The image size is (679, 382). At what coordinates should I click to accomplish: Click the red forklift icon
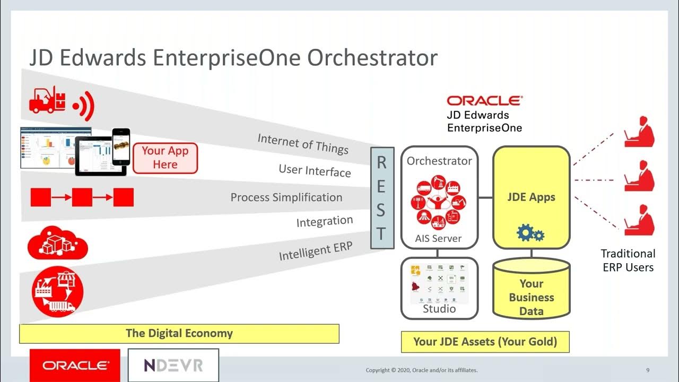(x=48, y=99)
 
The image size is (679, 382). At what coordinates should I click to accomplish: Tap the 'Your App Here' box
(x=165, y=158)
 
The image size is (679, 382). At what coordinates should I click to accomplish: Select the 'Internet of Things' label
(x=303, y=143)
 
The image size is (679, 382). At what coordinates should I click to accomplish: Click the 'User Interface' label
(x=315, y=170)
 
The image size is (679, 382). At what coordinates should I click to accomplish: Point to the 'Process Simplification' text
(x=286, y=197)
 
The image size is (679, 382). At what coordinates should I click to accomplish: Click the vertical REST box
(x=382, y=198)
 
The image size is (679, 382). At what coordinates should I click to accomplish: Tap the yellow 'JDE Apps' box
(x=531, y=197)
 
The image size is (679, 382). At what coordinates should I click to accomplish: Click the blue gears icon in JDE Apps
(x=530, y=233)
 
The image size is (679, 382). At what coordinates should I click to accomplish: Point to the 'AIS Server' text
(x=438, y=238)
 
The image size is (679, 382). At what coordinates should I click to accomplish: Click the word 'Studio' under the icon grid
(x=439, y=309)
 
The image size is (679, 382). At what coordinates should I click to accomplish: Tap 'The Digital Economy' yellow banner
(x=179, y=334)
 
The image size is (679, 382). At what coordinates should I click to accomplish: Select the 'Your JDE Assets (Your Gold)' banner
(x=485, y=342)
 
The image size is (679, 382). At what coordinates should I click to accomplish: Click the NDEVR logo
(x=173, y=365)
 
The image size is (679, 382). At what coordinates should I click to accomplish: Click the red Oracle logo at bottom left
(x=75, y=365)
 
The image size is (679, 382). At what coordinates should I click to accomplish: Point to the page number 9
(x=648, y=370)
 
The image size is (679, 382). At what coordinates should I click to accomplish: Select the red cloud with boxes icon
(x=57, y=244)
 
